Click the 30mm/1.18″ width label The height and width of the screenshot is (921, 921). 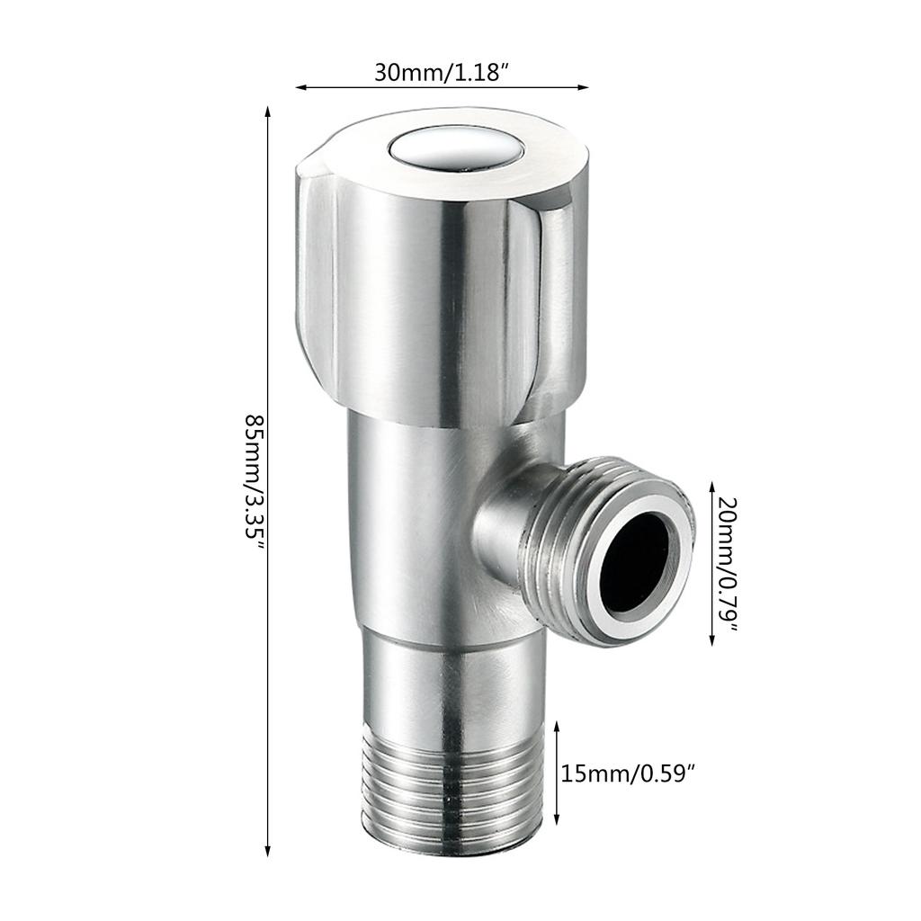443,72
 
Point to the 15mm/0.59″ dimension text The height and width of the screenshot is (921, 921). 629,773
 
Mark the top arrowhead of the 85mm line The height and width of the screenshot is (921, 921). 268,112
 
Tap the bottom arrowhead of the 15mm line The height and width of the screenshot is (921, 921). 558,822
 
